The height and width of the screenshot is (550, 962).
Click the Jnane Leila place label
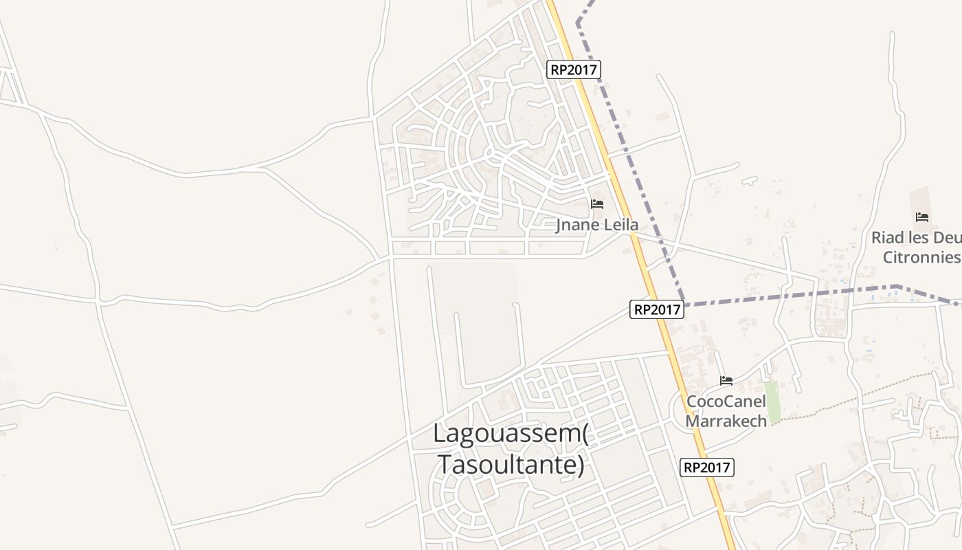596,225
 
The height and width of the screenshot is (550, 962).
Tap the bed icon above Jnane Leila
597,204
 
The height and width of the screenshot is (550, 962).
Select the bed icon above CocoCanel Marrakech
726,381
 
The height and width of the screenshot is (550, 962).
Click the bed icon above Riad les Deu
922,218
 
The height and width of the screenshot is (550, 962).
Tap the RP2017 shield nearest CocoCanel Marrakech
707,468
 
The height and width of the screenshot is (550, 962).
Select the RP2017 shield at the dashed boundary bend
657,310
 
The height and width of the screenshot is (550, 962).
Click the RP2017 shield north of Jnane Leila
574,69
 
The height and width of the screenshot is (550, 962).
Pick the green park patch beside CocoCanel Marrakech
773,402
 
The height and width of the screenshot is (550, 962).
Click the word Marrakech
726,421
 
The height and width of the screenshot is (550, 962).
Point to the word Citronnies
921,258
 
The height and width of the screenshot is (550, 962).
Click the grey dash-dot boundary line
790,294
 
